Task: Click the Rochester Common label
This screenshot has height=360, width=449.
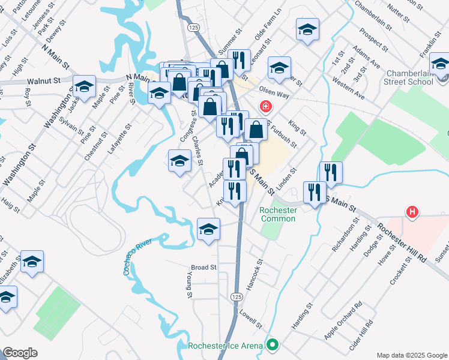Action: click(278, 214)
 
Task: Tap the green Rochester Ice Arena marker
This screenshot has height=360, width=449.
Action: click(273, 345)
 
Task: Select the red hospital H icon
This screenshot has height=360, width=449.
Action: click(412, 212)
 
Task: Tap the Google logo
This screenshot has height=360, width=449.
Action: click(20, 353)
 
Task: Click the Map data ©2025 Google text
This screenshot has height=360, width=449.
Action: click(411, 355)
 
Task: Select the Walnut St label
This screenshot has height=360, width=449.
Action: click(44, 80)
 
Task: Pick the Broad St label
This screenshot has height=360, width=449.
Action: click(203, 267)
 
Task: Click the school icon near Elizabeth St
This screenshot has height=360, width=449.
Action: click(32, 262)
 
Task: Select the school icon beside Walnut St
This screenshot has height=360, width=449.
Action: click(84, 86)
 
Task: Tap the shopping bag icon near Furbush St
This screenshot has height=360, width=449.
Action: click(256, 129)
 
